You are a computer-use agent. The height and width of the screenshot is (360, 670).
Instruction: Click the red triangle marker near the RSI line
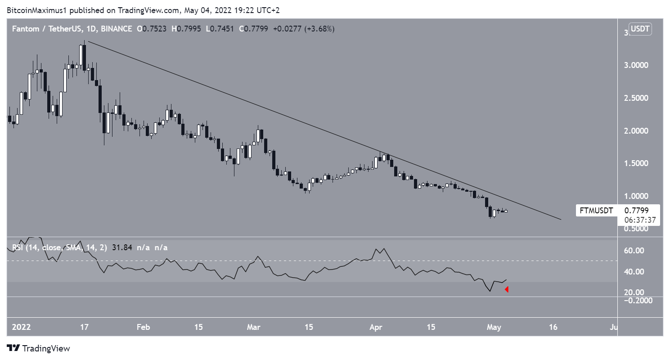click(507, 289)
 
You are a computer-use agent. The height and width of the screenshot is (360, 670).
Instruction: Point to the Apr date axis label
click(375, 327)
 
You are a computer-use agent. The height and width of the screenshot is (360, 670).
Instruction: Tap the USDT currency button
click(641, 30)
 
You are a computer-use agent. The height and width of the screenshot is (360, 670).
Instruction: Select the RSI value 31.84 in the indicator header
click(120, 247)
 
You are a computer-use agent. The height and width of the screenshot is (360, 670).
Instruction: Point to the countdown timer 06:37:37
click(642, 220)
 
